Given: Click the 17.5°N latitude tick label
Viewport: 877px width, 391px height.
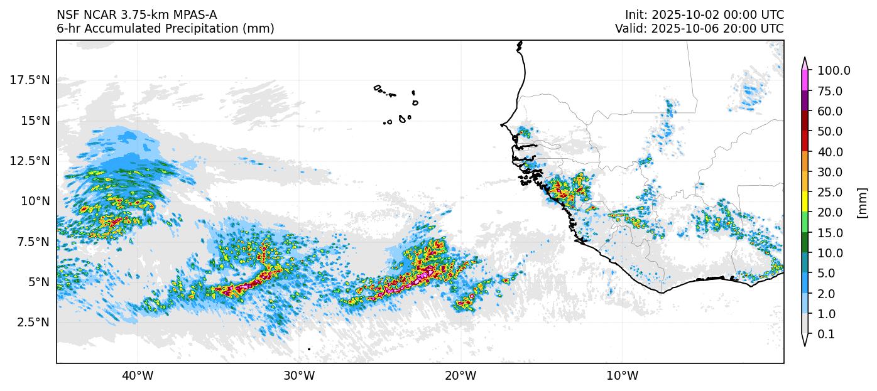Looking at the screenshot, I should [30, 80].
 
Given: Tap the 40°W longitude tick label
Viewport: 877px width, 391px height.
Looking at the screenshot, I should [137, 377].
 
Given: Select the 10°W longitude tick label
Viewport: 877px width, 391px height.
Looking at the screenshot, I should [623, 377].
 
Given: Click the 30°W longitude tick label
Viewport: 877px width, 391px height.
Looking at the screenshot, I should [299, 377].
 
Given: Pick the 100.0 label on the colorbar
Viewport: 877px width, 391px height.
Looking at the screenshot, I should [834, 71].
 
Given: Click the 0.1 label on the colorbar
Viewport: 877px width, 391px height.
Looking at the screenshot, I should [826, 335].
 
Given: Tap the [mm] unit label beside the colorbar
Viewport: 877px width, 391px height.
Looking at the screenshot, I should [862, 203].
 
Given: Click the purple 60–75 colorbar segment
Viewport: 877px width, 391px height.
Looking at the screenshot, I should [804, 101].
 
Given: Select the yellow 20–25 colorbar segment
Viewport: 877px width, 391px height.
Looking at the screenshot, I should [804, 202].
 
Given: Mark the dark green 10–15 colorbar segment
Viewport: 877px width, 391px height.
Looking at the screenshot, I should [804, 243].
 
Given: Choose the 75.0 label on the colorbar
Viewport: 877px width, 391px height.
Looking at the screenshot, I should [831, 91].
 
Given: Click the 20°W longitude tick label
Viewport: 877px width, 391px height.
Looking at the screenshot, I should [460, 377].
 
